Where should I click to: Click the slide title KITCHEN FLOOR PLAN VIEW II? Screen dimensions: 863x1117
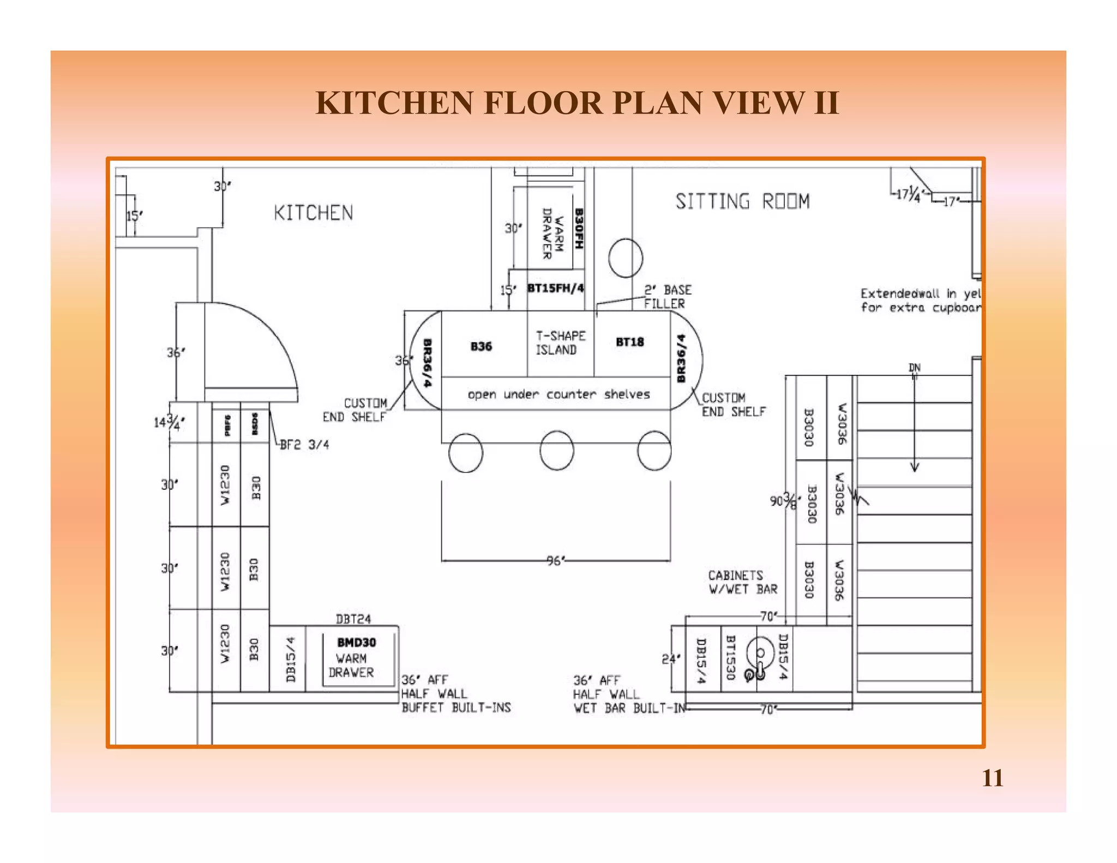(577, 103)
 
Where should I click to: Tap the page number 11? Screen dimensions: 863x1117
(992, 778)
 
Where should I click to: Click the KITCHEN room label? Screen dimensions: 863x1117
(313, 213)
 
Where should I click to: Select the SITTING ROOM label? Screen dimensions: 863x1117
(742, 201)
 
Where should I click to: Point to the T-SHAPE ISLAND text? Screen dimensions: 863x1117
(560, 343)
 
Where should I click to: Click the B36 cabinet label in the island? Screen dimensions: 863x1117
(481, 346)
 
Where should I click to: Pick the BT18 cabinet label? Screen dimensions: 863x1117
(629, 342)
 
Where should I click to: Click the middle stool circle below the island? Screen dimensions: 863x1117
(556, 450)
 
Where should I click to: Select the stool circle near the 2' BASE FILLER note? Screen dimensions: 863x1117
(625, 258)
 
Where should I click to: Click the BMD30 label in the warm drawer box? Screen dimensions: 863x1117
(356, 642)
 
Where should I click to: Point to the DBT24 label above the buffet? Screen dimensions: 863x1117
(353, 619)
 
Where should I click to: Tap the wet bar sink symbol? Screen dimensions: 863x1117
(760, 657)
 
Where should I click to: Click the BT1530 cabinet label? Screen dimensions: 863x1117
(731, 658)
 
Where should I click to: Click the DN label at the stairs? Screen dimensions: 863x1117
(914, 368)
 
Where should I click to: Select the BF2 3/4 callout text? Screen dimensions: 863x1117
(304, 445)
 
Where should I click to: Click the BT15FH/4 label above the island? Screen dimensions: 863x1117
(555, 288)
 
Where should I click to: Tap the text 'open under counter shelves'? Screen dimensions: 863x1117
(558, 394)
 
